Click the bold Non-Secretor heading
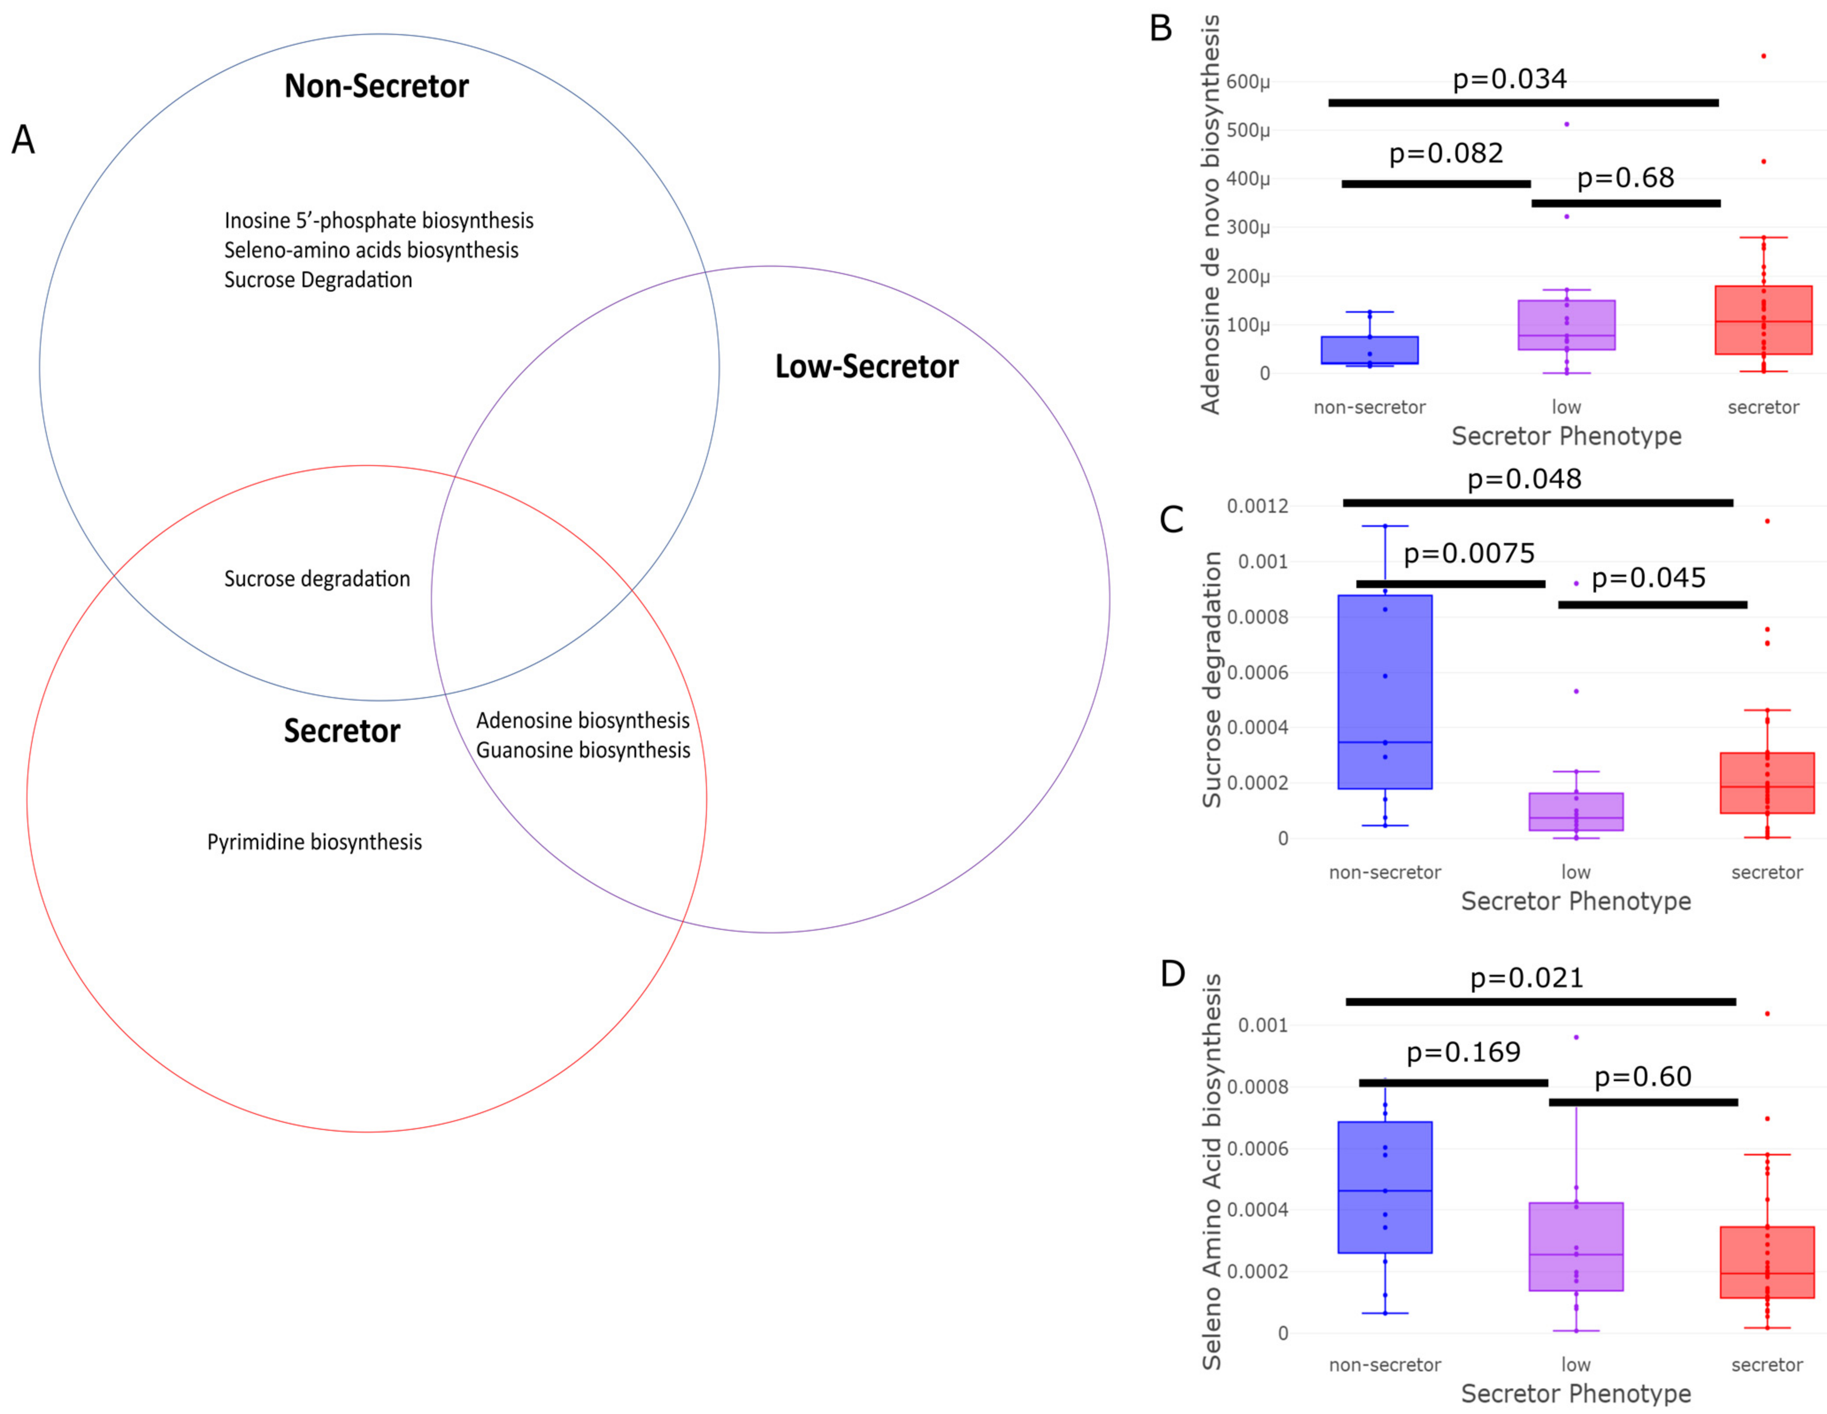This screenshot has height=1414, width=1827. [376, 86]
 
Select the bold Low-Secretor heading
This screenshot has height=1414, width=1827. [867, 366]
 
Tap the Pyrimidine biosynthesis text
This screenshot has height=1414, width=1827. [315, 842]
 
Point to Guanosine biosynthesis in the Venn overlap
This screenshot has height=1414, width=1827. [583, 751]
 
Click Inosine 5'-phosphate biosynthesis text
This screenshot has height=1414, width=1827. [378, 221]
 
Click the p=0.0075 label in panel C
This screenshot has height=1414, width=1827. [1469, 553]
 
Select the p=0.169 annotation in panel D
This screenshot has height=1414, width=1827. [1463, 1052]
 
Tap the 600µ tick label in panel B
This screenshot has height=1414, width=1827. [1248, 82]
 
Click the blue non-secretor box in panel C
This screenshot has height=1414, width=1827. [1385, 691]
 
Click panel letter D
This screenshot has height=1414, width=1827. [1173, 973]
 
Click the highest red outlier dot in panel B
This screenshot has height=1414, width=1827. [1763, 56]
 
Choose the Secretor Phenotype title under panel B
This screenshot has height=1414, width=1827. [1566, 436]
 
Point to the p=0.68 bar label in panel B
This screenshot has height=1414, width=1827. [1625, 177]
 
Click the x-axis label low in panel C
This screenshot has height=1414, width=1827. [1576, 872]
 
